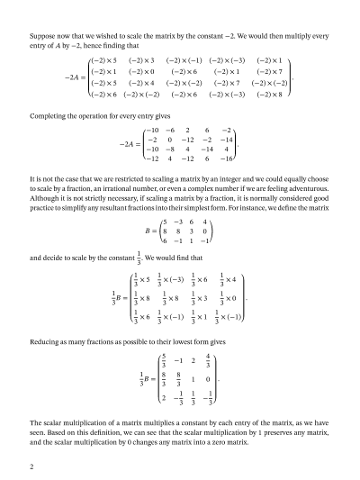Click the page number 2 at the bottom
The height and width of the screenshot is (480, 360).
click(x=31, y=467)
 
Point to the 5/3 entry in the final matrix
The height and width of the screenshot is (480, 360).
click(x=162, y=364)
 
